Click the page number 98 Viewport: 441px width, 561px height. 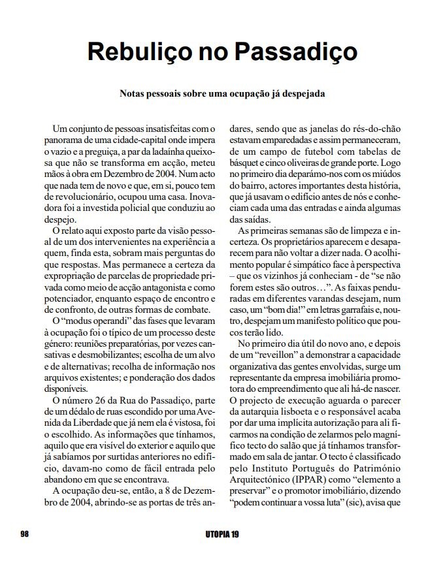tap(24, 534)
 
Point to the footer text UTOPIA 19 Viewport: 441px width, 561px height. tap(220, 534)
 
